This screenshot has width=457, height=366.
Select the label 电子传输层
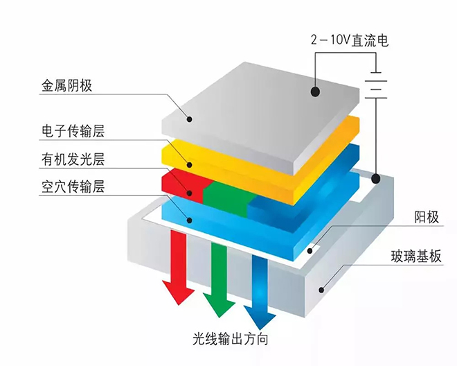(72, 131)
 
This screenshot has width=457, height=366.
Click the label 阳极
(408, 218)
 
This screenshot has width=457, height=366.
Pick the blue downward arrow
(258, 288)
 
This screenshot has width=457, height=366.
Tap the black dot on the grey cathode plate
(315, 91)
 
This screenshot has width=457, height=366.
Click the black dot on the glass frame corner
(375, 179)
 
